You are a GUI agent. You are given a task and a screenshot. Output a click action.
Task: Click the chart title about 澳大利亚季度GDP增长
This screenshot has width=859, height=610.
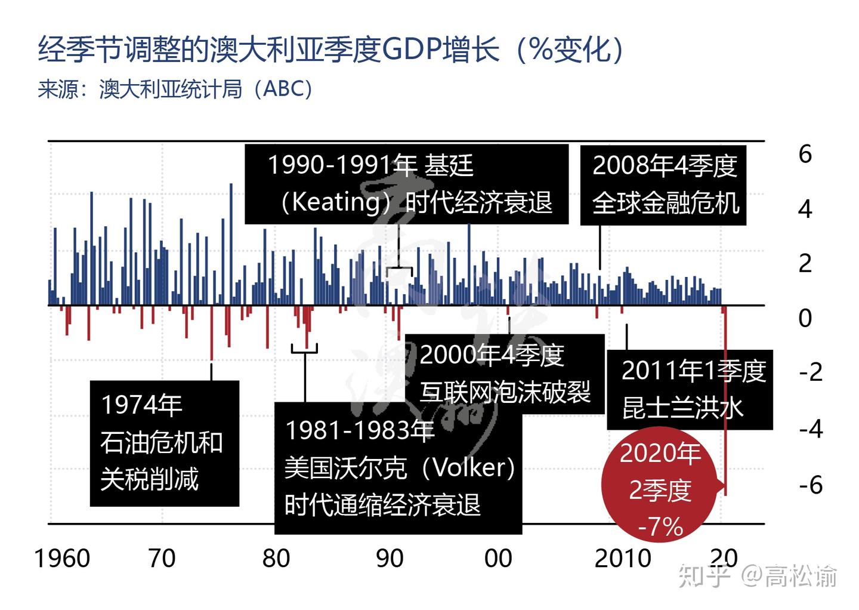coord(331,49)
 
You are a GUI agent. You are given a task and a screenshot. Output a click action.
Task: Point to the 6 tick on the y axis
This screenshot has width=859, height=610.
coord(805,155)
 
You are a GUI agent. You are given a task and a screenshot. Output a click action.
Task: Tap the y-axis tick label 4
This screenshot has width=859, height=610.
coord(805,210)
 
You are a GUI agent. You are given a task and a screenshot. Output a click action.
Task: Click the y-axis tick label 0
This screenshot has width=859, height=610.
coord(805,318)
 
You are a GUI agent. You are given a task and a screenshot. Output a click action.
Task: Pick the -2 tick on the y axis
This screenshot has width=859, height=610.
coord(810,372)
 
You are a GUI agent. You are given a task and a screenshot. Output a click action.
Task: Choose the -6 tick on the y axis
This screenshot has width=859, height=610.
coord(810,485)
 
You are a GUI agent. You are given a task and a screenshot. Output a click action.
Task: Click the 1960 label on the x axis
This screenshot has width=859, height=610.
coord(62,559)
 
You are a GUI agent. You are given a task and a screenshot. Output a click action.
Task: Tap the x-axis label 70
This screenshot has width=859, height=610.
coord(162,559)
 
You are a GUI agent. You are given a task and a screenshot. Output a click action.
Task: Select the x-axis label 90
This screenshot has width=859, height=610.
coord(390,559)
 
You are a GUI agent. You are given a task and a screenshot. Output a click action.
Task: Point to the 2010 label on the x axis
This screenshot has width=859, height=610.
coord(623,559)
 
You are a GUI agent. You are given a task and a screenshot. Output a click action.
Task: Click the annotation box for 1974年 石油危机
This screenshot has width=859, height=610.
coord(164,443)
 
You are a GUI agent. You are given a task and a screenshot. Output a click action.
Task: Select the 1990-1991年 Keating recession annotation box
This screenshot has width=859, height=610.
coord(406,184)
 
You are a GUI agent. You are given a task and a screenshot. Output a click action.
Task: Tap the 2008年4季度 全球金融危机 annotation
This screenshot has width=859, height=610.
coord(663,184)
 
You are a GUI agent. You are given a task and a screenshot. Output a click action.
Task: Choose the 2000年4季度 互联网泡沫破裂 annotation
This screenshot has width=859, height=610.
coord(505,374)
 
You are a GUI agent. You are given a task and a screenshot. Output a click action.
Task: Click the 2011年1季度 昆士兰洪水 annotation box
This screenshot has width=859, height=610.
coord(690,390)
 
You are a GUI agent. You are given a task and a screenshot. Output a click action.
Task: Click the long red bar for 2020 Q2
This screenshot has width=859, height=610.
coord(725,418)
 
